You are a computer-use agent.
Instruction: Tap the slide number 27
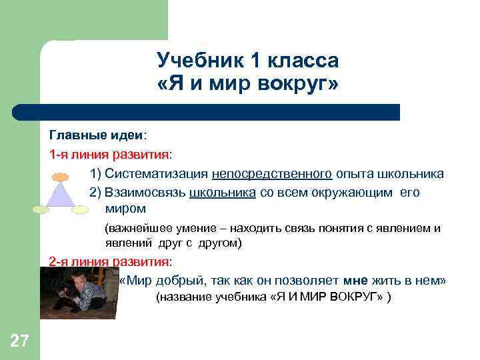tap(19, 342)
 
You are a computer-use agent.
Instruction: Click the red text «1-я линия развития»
tap(109, 155)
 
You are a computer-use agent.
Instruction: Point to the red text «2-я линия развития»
tap(109, 261)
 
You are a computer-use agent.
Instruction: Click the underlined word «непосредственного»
tap(272, 174)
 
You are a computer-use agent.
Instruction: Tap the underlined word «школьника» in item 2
tap(223, 193)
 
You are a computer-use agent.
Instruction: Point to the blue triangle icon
tap(61, 196)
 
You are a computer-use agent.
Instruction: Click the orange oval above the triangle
tap(61, 177)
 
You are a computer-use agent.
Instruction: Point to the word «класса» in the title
tap(304, 61)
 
